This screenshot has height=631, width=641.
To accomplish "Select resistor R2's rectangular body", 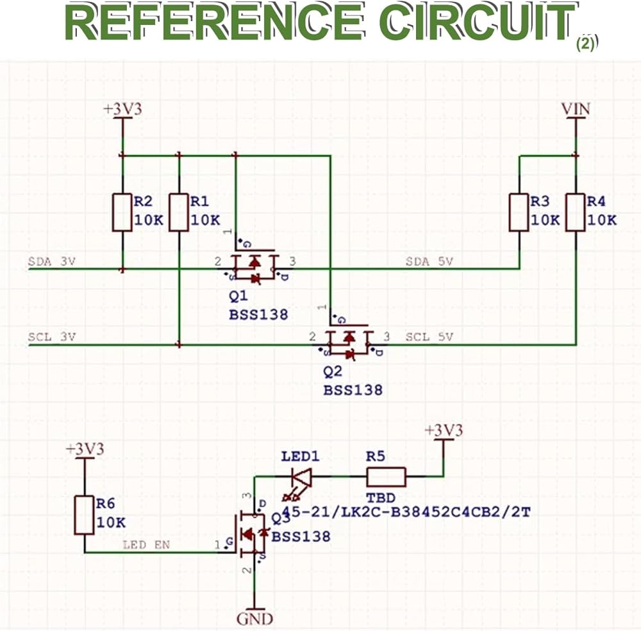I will point(122,212).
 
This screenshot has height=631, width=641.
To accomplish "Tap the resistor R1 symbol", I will point(179,212).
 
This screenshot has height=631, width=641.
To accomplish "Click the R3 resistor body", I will point(519,212).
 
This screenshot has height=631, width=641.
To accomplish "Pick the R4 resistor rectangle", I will point(576,212).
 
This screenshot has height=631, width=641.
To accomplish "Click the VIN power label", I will point(576,110).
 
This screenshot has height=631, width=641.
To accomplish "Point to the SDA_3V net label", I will point(51,262).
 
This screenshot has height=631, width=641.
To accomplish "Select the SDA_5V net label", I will point(429,262).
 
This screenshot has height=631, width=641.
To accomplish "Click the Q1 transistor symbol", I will point(255,266).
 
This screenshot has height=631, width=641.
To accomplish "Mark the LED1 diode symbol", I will point(301,477).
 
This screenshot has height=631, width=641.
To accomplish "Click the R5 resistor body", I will point(386,477).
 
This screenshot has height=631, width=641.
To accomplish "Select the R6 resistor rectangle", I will point(84,514).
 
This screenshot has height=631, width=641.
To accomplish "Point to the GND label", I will point(255,619).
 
